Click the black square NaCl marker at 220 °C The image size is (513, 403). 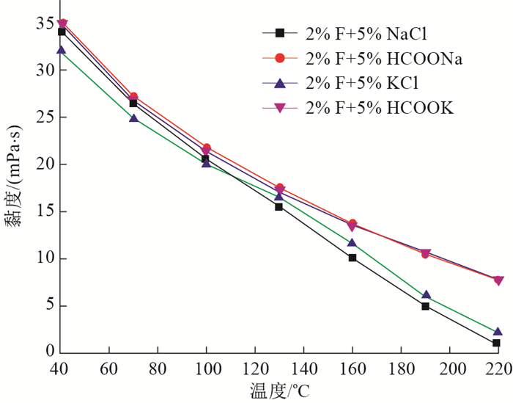(497, 343)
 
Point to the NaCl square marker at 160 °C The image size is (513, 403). (353, 258)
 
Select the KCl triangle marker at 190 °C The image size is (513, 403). (426, 295)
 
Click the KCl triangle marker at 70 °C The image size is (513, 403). (133, 117)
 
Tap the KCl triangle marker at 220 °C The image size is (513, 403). (498, 332)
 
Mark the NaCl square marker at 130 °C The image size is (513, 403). (279, 206)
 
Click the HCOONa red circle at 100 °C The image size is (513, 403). (207, 148)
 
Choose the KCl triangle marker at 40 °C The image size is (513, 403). (62, 51)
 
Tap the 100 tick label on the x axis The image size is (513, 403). (206, 367)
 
